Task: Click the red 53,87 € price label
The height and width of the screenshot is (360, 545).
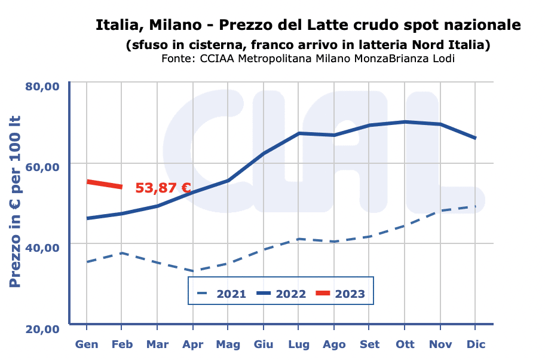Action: pyautogui.click(x=163, y=188)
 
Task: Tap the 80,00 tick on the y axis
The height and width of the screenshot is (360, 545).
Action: pyautogui.click(x=42, y=86)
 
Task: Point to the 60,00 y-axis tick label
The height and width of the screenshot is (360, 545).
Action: pyautogui.click(x=42, y=166)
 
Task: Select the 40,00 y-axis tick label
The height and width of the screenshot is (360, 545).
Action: pyautogui.click(x=42, y=246)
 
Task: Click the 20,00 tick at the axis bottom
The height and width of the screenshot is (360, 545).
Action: pyautogui.click(x=42, y=328)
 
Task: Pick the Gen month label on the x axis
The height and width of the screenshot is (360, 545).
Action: pyautogui.click(x=87, y=344)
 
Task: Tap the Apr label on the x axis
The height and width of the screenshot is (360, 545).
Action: pyautogui.click(x=192, y=344)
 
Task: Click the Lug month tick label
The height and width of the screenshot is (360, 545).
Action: pyautogui.click(x=298, y=344)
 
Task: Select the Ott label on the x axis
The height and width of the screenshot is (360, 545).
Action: pyautogui.click(x=405, y=344)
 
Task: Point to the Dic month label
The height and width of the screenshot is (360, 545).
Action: pyautogui.click(x=475, y=344)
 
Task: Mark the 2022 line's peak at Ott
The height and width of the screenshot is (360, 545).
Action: pyautogui.click(x=405, y=122)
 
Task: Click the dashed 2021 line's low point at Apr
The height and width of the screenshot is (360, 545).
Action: pyautogui.click(x=192, y=271)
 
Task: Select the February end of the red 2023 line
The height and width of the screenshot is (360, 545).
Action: pyautogui.click(x=121, y=187)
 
